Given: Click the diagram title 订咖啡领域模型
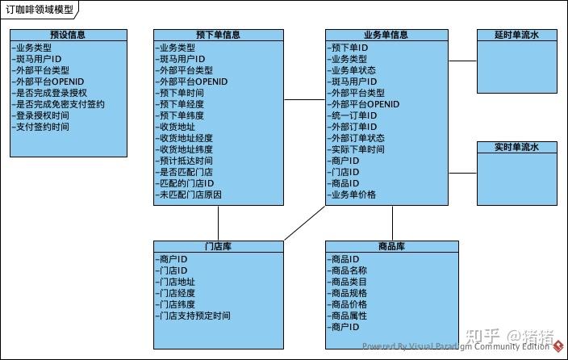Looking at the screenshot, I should point(39,9).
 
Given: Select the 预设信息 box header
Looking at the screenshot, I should point(69,36).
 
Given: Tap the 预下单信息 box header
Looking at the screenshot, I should point(218,36).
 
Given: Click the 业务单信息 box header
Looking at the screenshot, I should point(386,36).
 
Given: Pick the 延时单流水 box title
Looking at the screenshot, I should point(516,36).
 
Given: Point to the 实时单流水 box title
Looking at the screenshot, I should point(516,147).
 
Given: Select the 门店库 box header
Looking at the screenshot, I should point(219,246).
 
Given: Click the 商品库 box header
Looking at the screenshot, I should point(391,246).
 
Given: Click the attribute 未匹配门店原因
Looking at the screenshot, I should point(190,195).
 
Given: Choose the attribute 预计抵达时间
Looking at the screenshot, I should point(186,161).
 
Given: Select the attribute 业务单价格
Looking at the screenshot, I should point(353,195).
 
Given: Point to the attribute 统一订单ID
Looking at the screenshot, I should point(353,115).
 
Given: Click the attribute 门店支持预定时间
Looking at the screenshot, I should point(195,316).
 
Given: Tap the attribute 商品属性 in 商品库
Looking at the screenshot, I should point(349,316).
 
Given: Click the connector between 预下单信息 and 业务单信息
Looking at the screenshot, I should point(305,98).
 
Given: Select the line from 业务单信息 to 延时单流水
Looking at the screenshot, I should point(462,61).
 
